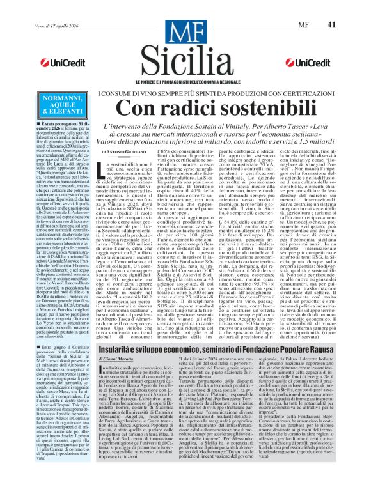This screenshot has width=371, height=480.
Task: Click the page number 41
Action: pos(349,8)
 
